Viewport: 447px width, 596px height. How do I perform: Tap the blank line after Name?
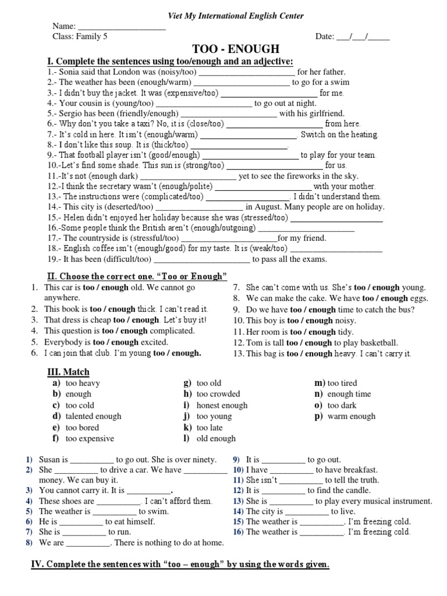pos(122,27)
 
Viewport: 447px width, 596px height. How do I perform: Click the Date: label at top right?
pos(324,37)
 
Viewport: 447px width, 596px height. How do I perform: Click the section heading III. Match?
pos(68,372)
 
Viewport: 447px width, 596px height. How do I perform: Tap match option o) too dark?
pos(342,405)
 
